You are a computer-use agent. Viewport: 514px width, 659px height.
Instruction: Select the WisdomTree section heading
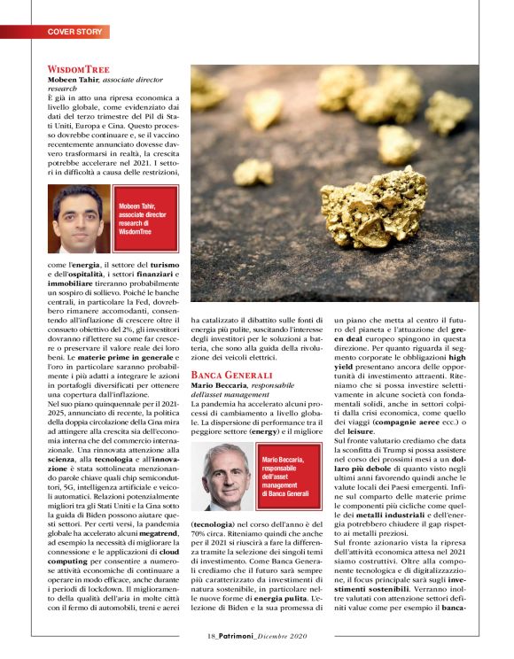(x=78, y=68)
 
